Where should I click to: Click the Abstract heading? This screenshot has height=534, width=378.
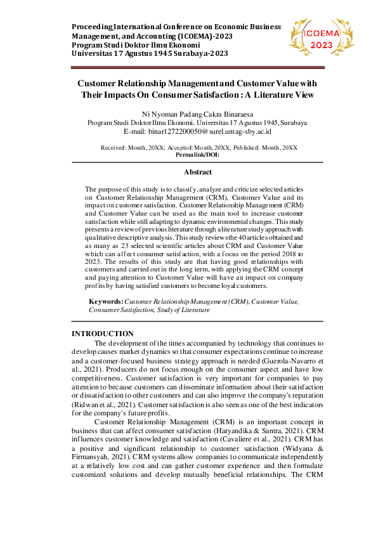click(x=197, y=172)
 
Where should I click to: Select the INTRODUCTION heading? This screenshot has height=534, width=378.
click(x=102, y=334)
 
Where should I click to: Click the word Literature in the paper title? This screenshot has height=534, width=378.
click(x=273, y=95)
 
